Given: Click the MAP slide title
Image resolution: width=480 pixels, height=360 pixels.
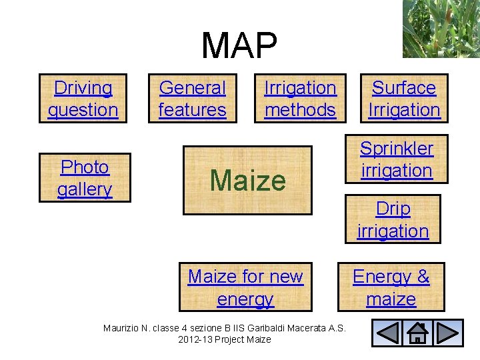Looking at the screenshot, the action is [x=239, y=46].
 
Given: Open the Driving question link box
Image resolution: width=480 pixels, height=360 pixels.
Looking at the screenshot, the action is [x=83, y=99].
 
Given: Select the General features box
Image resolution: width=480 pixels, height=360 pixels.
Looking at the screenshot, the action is [x=193, y=99].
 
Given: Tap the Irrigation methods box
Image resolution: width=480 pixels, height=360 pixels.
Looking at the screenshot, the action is [x=301, y=99].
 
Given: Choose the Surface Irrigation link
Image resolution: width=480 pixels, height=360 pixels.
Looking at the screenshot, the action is [x=404, y=99].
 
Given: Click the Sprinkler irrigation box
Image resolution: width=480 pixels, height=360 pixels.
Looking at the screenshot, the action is [x=397, y=159].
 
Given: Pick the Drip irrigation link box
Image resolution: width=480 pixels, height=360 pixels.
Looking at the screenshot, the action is [x=393, y=219].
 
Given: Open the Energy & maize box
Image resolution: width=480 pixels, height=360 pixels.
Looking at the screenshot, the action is [x=391, y=287].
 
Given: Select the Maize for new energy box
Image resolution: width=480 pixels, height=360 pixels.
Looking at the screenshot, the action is [x=245, y=287].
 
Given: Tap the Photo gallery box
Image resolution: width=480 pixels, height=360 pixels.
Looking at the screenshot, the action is [x=85, y=178].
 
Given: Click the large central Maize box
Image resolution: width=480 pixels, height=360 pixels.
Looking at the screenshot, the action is [x=247, y=180].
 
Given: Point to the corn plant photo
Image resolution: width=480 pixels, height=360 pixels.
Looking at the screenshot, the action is [x=441, y=29].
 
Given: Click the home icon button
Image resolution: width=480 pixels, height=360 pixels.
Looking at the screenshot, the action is [x=417, y=333].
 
